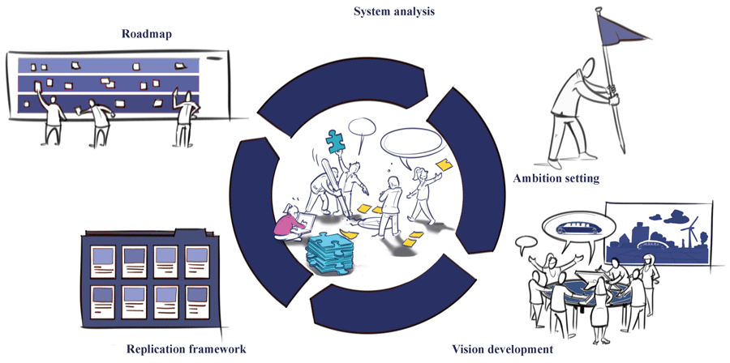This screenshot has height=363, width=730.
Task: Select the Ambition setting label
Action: click(556, 178)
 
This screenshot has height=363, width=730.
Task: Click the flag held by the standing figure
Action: click(625, 28)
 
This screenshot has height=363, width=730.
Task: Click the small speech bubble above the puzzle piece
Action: click(359, 128)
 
